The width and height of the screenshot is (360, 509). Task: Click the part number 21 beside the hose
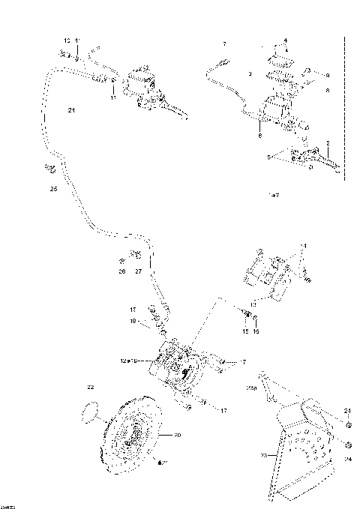point(72,111)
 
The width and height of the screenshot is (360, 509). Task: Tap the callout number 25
point(53,190)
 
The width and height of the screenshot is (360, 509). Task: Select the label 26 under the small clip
point(122,271)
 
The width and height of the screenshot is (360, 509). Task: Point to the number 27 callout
point(138,271)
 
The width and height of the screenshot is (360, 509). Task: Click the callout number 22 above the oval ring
point(91,388)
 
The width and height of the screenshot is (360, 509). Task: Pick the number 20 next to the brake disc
point(178,436)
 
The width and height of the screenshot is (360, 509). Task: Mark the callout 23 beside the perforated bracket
point(264,455)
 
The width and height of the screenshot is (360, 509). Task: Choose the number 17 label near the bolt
point(223,411)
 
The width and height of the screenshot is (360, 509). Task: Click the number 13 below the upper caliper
point(253,305)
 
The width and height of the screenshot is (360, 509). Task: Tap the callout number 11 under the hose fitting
point(113,97)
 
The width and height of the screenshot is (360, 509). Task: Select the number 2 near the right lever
point(328,142)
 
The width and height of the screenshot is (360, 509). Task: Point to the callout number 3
point(249,75)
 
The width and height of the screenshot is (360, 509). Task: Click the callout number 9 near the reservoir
point(328,75)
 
